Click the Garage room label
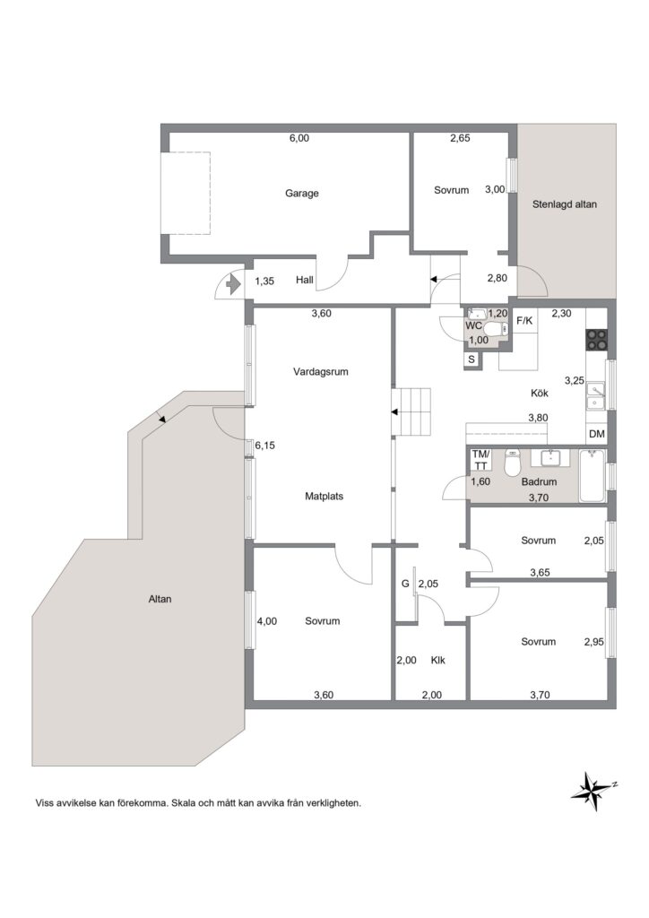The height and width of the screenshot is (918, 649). [302, 194]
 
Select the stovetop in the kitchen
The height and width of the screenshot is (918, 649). [597, 340]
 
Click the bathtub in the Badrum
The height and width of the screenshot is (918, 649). [592, 476]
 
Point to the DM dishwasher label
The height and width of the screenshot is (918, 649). [596, 435]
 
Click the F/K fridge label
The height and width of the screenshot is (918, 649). [524, 321]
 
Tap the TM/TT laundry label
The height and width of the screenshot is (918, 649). [481, 460]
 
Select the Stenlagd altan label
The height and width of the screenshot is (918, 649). [565, 205]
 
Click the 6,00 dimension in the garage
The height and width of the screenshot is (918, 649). [299, 139]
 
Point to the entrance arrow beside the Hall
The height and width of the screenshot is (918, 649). [233, 285]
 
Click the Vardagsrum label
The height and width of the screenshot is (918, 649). [321, 372]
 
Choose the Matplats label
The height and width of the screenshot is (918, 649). [324, 497]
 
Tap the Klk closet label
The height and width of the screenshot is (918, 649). [437, 661]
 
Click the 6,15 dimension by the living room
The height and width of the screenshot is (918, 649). [264, 446]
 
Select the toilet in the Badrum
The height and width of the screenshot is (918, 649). [513, 463]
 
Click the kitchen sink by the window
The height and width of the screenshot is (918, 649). [597, 395]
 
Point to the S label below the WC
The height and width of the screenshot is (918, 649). [472, 360]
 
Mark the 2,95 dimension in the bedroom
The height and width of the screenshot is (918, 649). [594, 642]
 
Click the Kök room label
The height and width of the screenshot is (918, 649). [540, 394]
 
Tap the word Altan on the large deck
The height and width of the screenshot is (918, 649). [160, 600]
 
